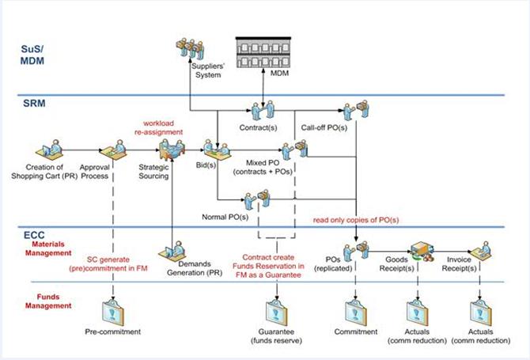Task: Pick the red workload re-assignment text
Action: click(163, 127)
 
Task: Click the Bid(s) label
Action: click(204, 167)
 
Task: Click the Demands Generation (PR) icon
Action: click(172, 251)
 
